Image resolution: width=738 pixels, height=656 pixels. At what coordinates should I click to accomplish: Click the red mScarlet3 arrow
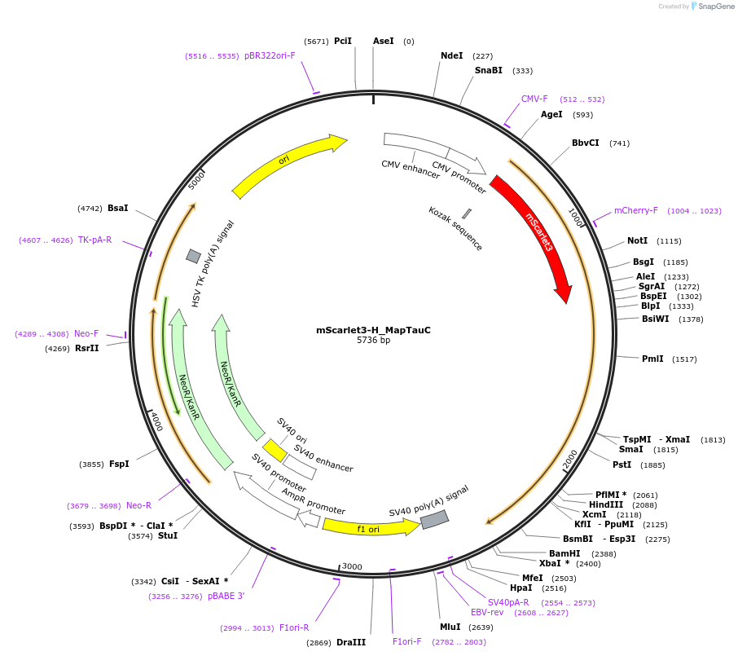tap(534, 236)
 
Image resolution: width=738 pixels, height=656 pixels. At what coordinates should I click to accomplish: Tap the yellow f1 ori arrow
tap(369, 527)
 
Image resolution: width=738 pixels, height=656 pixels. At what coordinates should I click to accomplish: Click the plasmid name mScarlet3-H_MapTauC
tap(373, 330)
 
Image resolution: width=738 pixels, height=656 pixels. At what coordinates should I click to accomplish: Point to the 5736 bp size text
tap(373, 341)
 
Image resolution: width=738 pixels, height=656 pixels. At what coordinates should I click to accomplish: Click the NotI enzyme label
tap(637, 241)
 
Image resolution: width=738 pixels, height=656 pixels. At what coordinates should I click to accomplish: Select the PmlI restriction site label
tap(652, 359)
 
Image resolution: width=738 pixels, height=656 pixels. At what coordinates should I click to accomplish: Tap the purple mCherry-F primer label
tap(635, 211)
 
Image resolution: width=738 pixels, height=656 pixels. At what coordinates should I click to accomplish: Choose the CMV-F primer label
tap(534, 99)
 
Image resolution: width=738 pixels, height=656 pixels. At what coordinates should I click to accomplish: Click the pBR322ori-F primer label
tap(270, 56)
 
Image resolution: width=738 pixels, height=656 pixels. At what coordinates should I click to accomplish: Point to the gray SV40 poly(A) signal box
tap(434, 517)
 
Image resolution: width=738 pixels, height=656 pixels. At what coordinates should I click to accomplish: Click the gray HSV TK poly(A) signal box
tap(193, 256)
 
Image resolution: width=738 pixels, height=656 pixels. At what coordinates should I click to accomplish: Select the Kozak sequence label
tap(455, 228)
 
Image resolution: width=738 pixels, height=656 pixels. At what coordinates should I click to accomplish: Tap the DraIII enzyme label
tap(351, 642)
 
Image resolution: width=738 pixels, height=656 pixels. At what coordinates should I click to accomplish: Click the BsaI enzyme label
tap(118, 209)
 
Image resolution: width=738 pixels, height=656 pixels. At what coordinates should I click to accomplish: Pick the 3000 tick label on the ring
tap(351, 566)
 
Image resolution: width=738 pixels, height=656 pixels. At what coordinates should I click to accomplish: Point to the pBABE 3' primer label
tap(226, 597)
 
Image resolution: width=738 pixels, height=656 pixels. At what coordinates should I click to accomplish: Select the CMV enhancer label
tap(411, 170)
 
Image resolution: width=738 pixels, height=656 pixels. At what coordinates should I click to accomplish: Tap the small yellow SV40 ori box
tap(275, 451)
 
